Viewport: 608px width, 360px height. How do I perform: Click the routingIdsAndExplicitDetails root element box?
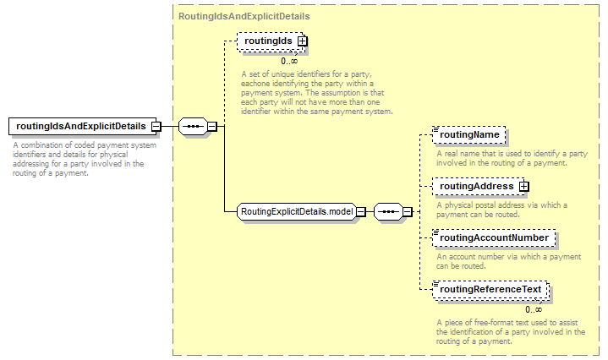82,126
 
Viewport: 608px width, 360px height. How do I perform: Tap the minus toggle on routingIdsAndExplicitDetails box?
156,126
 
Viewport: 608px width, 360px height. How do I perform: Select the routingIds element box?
271,41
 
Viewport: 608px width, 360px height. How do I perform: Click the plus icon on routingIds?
302,41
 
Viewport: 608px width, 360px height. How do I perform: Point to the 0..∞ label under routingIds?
289,61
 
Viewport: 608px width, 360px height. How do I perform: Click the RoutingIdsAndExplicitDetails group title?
244,16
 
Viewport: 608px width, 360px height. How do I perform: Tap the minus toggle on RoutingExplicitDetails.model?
361,211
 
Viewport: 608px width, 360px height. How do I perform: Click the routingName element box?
468,135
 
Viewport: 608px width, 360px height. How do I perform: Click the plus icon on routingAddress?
523,187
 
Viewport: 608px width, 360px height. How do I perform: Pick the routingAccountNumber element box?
494,238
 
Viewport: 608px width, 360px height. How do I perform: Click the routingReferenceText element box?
490,290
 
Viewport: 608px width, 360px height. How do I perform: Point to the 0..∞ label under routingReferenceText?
534,309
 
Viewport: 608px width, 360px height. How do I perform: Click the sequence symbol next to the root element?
193,126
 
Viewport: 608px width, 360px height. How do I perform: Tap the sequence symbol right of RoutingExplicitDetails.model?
388,211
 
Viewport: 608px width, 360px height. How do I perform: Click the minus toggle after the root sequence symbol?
212,126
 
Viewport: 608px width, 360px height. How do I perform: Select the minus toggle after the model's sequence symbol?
408,211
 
